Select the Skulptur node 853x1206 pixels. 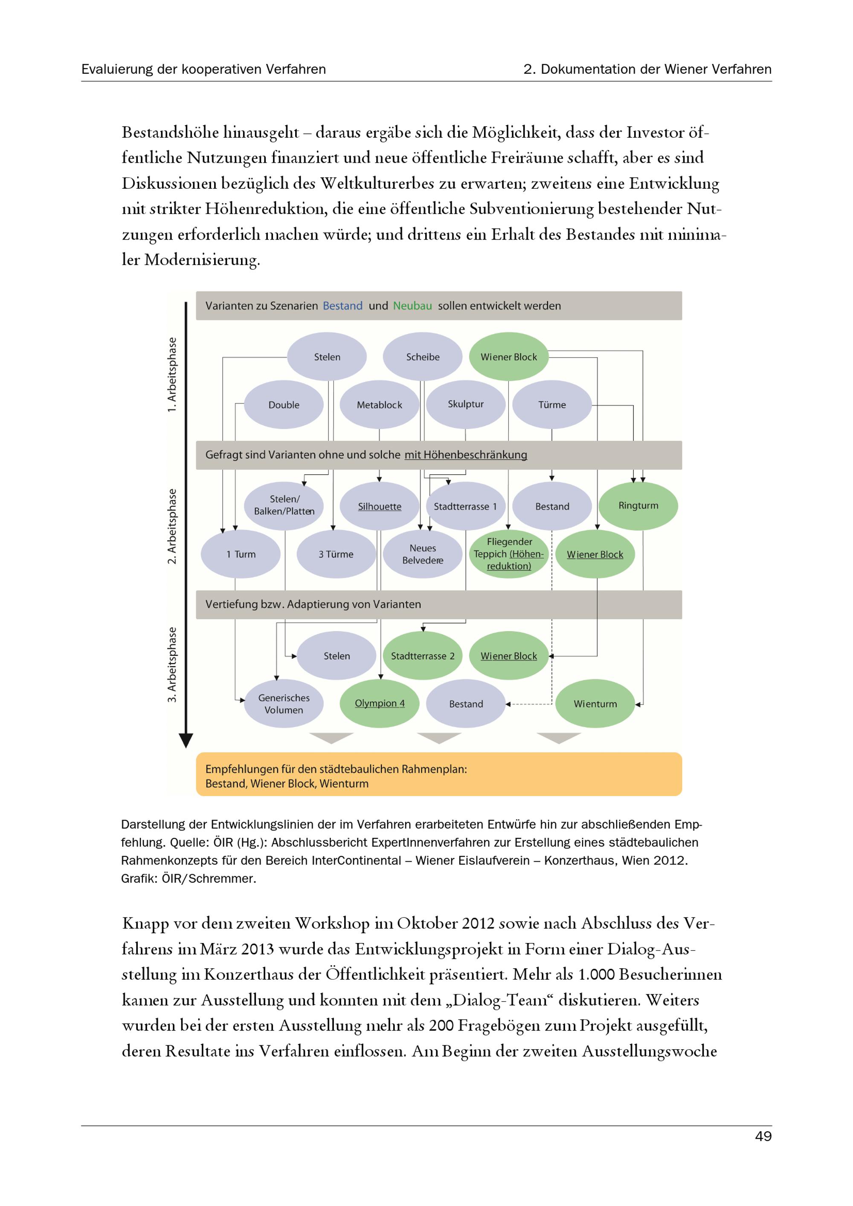tap(465, 404)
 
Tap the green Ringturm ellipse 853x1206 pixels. tap(638, 505)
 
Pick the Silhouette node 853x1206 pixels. tap(380, 506)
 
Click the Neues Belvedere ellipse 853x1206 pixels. tap(423, 554)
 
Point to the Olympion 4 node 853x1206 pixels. tap(380, 703)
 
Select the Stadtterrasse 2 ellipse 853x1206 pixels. tap(423, 655)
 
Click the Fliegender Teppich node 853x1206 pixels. tap(509, 554)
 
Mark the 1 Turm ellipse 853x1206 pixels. tap(241, 554)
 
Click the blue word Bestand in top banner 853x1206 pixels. tap(342, 306)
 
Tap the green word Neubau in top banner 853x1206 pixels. tap(412, 306)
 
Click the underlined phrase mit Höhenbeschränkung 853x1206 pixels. tap(465, 455)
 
